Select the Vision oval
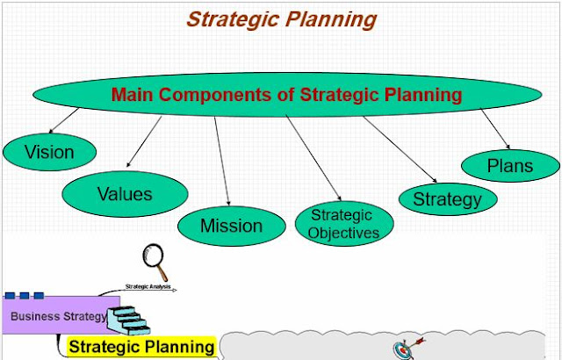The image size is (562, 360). tap(49, 152)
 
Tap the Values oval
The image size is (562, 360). tap(124, 194)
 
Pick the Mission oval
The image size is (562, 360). tap(231, 226)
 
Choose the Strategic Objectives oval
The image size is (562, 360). tap(343, 224)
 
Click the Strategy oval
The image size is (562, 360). tap(447, 198)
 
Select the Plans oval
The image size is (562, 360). tap(509, 165)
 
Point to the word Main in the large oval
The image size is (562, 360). tap(135, 95)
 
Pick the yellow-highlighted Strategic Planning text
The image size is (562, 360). tap(141, 347)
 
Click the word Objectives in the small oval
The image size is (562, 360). tap(349, 233)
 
